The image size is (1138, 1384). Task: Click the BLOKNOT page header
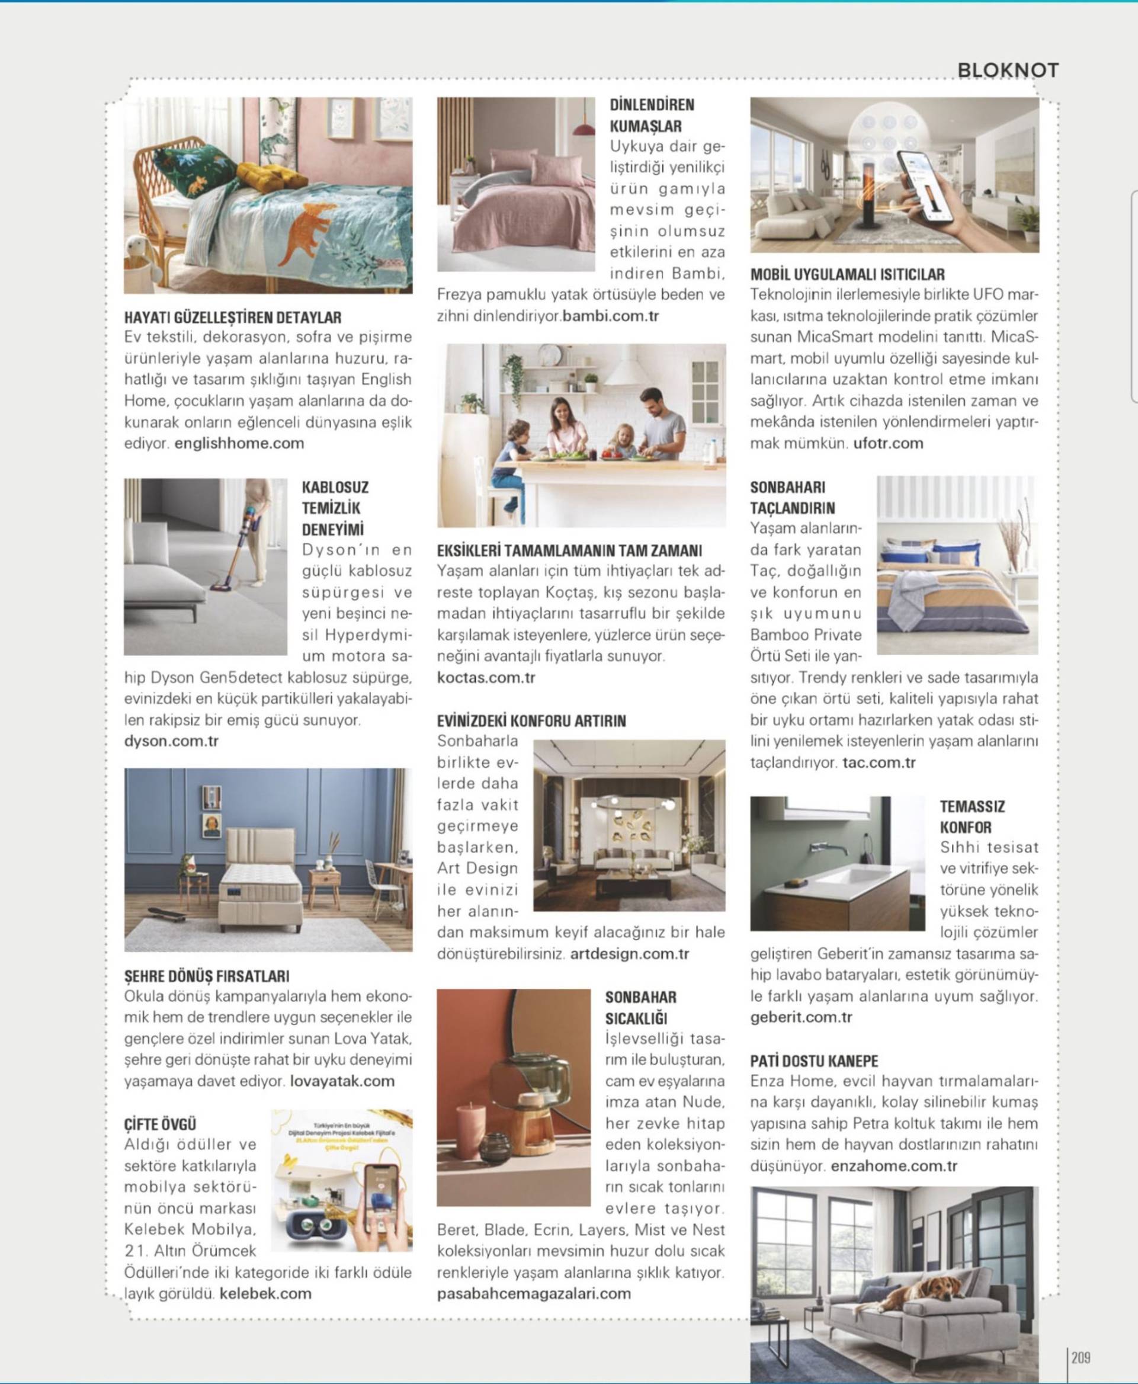(x=1008, y=70)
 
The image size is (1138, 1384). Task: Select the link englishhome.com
(x=239, y=443)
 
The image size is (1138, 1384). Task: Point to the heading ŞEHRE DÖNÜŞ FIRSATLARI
(x=207, y=976)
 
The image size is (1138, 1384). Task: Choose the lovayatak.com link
(x=342, y=1081)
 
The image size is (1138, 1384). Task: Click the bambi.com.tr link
(x=610, y=316)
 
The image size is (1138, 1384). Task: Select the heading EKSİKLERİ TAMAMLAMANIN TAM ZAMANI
(x=569, y=551)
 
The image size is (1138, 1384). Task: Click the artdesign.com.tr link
(x=629, y=954)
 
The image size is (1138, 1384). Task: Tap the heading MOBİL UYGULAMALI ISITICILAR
(x=848, y=275)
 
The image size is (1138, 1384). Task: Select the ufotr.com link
(x=887, y=443)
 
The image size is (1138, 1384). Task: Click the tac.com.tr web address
(x=879, y=763)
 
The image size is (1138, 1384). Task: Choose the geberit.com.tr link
(x=801, y=1017)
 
